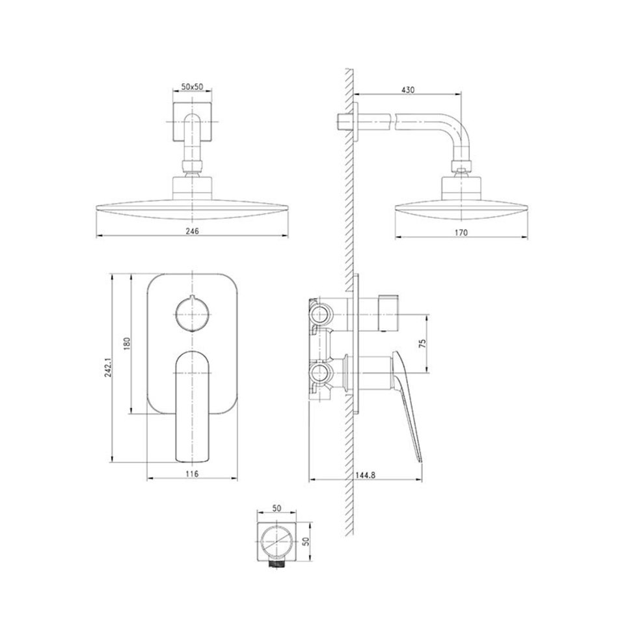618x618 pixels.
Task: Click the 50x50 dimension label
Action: click(x=192, y=87)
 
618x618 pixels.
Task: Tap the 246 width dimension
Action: click(x=192, y=231)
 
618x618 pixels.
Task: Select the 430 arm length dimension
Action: click(x=408, y=90)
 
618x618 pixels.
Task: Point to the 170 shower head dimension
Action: click(x=461, y=232)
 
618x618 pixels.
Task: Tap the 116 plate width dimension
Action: click(x=192, y=474)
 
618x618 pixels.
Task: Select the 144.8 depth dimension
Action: click(x=366, y=476)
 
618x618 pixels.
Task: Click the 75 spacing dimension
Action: click(x=423, y=343)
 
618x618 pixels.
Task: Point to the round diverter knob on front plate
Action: click(x=191, y=314)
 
